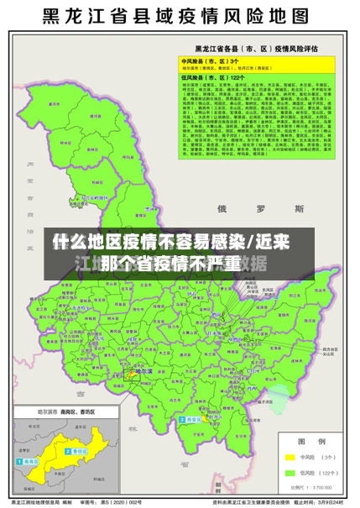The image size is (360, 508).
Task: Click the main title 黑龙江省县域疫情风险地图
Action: point(180,16)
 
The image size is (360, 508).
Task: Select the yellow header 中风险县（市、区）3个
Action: point(211,61)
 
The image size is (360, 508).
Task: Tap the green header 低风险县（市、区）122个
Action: point(212,77)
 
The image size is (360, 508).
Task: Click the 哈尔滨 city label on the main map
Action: point(142,371)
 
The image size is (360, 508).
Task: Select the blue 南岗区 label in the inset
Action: point(32,462)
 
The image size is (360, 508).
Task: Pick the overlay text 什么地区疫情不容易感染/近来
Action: point(171,243)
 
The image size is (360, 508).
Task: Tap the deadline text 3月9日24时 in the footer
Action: point(331,500)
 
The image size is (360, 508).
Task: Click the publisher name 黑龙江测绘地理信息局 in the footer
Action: point(34,500)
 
